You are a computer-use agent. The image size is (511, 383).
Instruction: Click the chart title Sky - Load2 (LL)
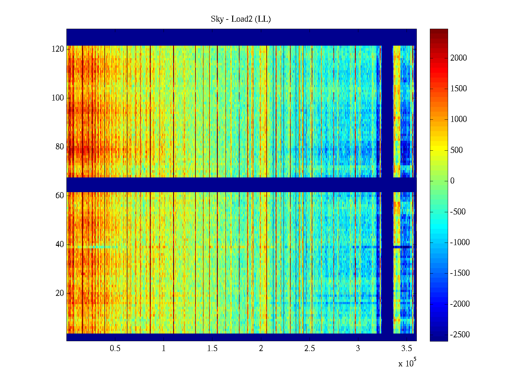coord(241,19)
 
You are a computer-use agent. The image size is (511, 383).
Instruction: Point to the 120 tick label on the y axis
coord(58,49)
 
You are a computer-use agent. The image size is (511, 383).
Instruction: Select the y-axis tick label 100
coord(58,98)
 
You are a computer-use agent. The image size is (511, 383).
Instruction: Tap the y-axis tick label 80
coord(60,147)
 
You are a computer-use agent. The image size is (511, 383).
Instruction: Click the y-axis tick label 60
coord(60,196)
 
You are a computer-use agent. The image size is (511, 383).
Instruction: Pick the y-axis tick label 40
coord(60,244)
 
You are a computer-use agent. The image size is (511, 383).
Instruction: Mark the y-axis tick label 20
coord(60,293)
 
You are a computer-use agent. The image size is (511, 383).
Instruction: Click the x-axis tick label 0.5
coord(115,349)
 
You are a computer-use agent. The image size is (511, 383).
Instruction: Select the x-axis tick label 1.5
coord(212,349)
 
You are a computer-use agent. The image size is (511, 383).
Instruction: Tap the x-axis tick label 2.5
coord(309,349)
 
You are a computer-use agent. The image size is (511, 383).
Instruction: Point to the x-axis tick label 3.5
coord(407,349)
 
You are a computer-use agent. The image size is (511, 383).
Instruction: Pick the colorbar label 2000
coord(459,58)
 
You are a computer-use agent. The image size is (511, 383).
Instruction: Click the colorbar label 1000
coord(459,119)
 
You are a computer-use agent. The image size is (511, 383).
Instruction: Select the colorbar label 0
coord(452,181)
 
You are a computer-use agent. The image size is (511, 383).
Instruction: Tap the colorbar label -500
coord(458,212)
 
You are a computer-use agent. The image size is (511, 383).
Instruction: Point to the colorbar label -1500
coord(460,273)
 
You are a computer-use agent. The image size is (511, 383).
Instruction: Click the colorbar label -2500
coord(460,335)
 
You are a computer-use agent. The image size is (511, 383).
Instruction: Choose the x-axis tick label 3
coord(358,349)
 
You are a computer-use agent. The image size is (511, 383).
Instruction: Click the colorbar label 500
coord(456,150)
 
